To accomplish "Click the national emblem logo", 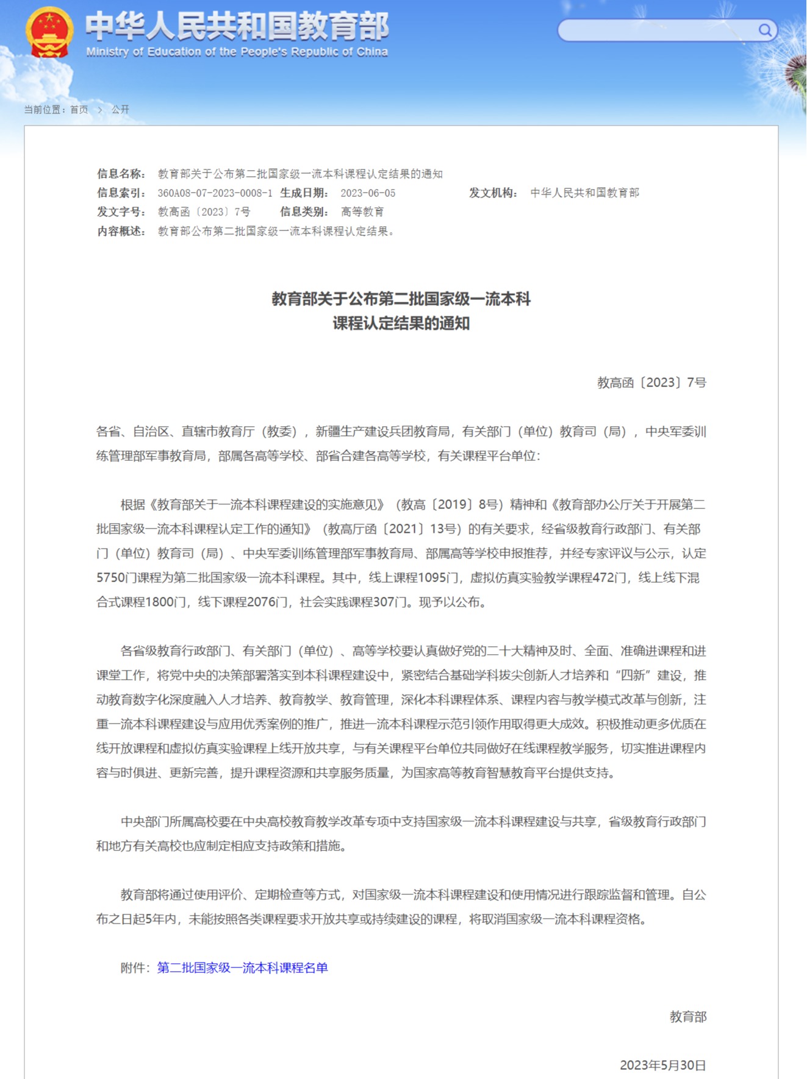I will (49, 32).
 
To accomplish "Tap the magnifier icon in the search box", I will (764, 30).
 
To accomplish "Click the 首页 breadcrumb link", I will (79, 110).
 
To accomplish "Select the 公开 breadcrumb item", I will (120, 110).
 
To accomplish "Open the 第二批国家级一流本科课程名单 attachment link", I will (242, 967).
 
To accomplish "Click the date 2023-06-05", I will (368, 193).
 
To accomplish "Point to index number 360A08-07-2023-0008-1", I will (215, 193).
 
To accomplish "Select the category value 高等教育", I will (362, 212).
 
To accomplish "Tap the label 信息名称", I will (121, 174).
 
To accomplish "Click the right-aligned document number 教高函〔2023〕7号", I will (651, 382).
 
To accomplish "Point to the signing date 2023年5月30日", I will (662, 1065).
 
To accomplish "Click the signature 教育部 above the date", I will (687, 1016).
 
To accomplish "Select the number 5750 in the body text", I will (110, 577).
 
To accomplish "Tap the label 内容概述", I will (121, 232).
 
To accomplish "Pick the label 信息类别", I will (304, 212).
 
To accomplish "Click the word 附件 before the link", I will (132, 967).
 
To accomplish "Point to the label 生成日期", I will (304, 193).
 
